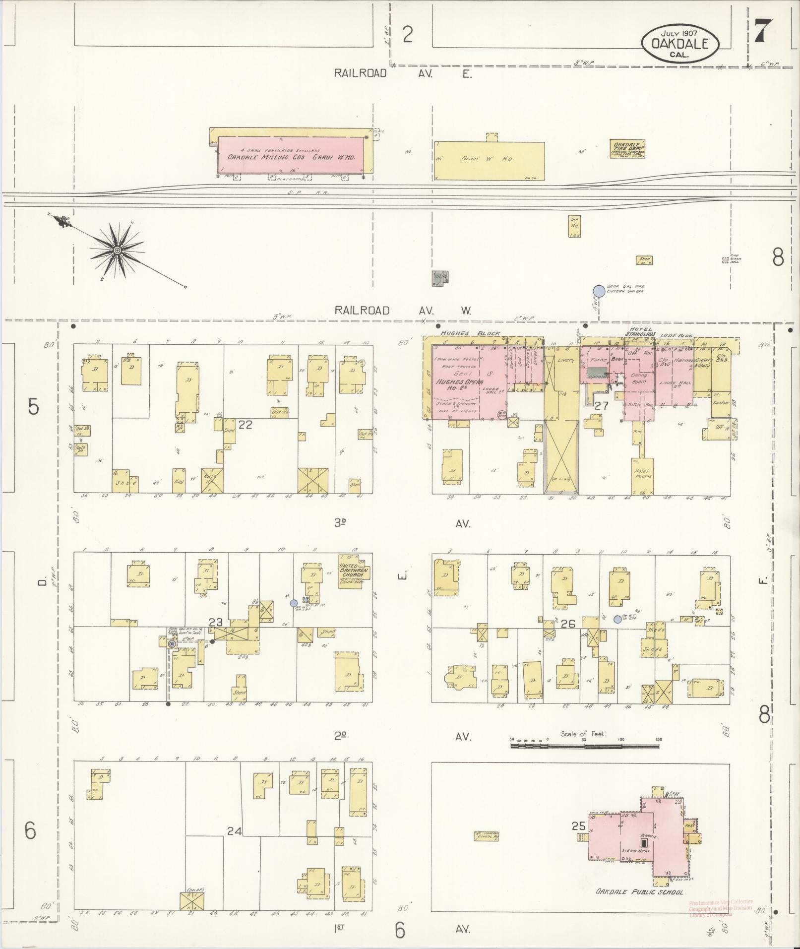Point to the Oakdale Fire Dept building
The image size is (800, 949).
click(x=627, y=149)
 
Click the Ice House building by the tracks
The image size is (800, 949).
click(x=574, y=227)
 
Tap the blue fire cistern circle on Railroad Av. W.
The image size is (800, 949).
click(x=599, y=291)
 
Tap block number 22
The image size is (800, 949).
click(x=246, y=424)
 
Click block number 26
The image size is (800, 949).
click(x=567, y=624)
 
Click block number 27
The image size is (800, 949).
click(x=601, y=406)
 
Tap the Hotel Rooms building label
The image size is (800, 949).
click(x=642, y=473)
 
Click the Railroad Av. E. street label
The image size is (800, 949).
click(x=402, y=74)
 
